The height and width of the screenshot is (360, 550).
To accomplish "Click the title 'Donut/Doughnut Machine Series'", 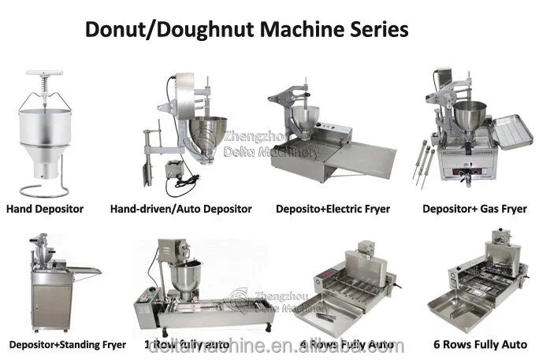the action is [246, 31].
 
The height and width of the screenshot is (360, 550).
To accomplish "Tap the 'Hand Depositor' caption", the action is [45, 209].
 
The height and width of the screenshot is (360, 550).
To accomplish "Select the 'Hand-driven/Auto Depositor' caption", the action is [181, 209].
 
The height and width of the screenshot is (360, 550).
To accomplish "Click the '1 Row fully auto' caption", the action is [189, 344].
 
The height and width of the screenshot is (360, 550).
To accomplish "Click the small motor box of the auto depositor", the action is [172, 169].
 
